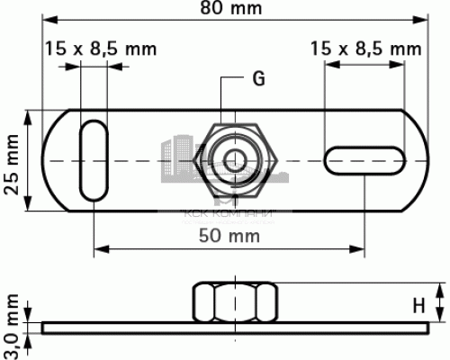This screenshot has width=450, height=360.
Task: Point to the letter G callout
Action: tap(258, 79)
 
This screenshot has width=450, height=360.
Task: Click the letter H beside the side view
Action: tap(418, 305)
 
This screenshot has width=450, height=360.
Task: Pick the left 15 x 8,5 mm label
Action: tap(95, 49)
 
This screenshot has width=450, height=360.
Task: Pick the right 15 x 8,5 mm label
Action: tap(364, 49)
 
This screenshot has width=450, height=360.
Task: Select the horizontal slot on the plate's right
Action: tap(365, 161)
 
